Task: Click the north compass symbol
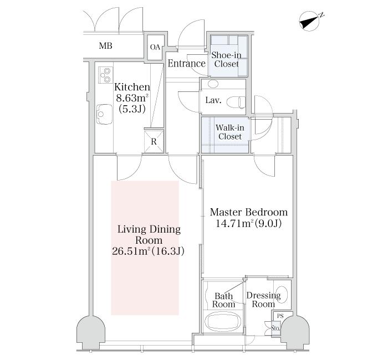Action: pyautogui.click(x=310, y=22)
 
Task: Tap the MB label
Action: pyautogui.click(x=106, y=46)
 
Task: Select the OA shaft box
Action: pyautogui.click(x=155, y=47)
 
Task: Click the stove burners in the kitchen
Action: pyautogui.click(x=106, y=75)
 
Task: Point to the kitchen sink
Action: pyautogui.click(x=105, y=114)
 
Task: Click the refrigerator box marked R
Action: pyautogui.click(x=154, y=141)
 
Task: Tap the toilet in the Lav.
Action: pyautogui.click(x=236, y=102)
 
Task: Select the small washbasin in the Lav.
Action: pyautogui.click(x=213, y=84)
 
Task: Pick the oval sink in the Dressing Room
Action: pyautogui.click(x=282, y=294)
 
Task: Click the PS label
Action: pyautogui.click(x=280, y=316)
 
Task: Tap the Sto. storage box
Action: pyautogui.click(x=275, y=328)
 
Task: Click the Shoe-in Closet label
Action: pyautogui.click(x=226, y=60)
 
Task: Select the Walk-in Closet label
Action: pyautogui.click(x=230, y=132)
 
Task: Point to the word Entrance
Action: pyautogui.click(x=187, y=64)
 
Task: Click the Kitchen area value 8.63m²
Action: pyautogui.click(x=132, y=98)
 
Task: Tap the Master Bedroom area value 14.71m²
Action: pyautogui.click(x=235, y=224)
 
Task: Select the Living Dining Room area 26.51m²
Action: pyautogui.click(x=131, y=251)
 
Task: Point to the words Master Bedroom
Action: pyautogui.click(x=249, y=212)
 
